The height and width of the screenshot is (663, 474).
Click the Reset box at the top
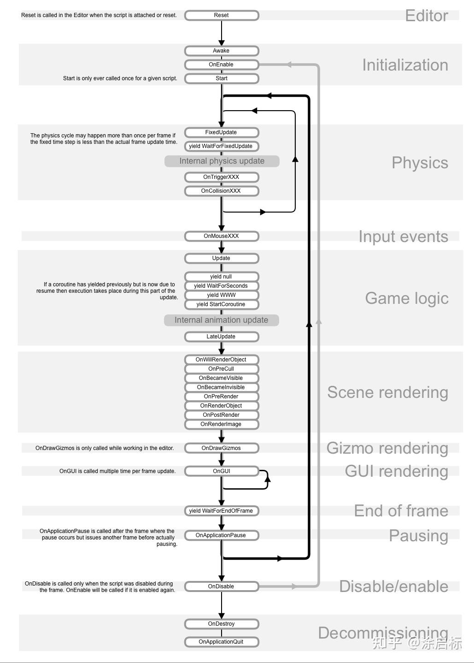click(x=222, y=15)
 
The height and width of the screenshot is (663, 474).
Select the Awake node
click(x=222, y=51)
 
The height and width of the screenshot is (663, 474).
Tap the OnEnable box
click(x=222, y=65)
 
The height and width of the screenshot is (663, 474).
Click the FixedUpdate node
click(x=222, y=132)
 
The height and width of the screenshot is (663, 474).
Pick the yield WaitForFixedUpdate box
click(x=222, y=146)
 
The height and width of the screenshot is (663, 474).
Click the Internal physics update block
click(x=222, y=161)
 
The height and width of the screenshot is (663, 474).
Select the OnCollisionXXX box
click(x=222, y=191)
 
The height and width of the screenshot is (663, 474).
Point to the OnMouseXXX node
click(x=222, y=236)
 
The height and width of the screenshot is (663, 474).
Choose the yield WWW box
click(x=222, y=295)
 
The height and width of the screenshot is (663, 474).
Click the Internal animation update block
click(x=222, y=320)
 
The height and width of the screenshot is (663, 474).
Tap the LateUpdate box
click(x=222, y=337)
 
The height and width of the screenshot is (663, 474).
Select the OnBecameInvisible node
click(x=222, y=387)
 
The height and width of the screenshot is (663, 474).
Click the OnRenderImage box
click(x=222, y=424)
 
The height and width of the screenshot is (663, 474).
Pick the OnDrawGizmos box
click(x=222, y=448)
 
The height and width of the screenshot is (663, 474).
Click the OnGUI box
click(x=222, y=471)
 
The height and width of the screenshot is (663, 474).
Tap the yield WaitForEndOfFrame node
click(x=222, y=511)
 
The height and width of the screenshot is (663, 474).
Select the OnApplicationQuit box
click(x=222, y=642)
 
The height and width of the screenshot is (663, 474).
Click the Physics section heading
click(x=420, y=163)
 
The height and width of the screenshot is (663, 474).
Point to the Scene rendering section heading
click(x=387, y=392)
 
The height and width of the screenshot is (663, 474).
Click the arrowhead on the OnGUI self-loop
click(x=268, y=479)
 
